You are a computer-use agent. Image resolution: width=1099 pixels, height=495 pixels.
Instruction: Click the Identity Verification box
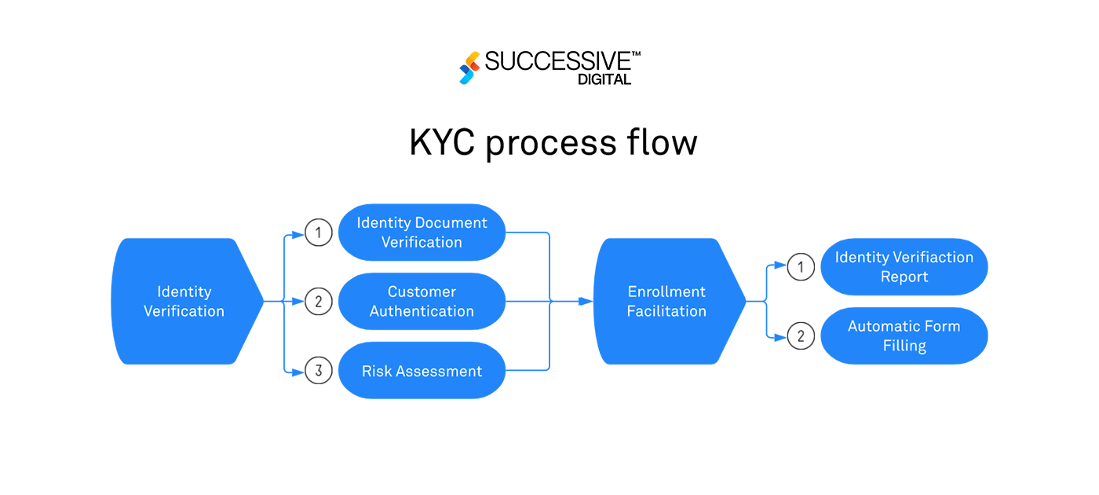pyautogui.click(x=184, y=301)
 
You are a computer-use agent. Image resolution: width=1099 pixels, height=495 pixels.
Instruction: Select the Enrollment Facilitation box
pyautogui.click(x=666, y=301)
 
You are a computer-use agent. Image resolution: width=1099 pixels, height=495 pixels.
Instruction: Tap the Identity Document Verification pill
pyautogui.click(x=422, y=233)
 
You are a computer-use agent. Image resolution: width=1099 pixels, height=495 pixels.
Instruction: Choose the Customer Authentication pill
pyautogui.click(x=422, y=301)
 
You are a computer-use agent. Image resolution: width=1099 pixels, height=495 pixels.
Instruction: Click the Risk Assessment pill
pyautogui.click(x=422, y=371)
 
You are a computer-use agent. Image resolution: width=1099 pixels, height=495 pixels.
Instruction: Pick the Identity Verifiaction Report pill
pyautogui.click(x=904, y=267)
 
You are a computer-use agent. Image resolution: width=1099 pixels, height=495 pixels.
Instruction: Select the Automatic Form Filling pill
pyautogui.click(x=904, y=335)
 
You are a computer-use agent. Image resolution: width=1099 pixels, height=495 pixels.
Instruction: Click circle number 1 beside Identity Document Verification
pyautogui.click(x=319, y=233)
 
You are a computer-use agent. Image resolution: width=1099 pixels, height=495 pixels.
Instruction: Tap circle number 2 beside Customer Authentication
pyautogui.click(x=319, y=301)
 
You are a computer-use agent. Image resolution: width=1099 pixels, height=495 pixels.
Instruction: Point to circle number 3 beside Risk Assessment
pyautogui.click(x=319, y=371)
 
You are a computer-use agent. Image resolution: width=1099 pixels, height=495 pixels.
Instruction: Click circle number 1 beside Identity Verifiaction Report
pyautogui.click(x=801, y=267)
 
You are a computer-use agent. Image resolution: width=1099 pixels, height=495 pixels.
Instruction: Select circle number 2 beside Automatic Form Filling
pyautogui.click(x=801, y=336)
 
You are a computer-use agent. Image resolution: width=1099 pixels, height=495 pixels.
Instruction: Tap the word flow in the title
pyautogui.click(x=665, y=143)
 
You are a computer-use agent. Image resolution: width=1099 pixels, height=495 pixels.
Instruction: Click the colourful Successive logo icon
pyautogui.click(x=469, y=68)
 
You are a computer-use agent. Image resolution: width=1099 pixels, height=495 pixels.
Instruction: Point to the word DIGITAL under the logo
pyautogui.click(x=604, y=79)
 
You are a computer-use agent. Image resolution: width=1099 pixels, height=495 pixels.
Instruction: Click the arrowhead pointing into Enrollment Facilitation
pyautogui.click(x=586, y=301)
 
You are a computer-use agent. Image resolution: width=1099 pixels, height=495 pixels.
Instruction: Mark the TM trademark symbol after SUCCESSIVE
pyautogui.click(x=636, y=54)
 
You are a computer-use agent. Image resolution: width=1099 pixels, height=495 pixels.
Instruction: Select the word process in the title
pyautogui.click(x=553, y=145)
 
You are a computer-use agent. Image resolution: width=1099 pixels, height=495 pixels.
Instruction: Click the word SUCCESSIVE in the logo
pyautogui.click(x=557, y=61)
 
